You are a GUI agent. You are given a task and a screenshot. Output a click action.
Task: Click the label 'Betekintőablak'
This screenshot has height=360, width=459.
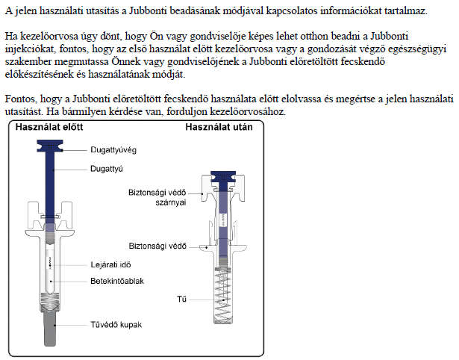coord(117,281)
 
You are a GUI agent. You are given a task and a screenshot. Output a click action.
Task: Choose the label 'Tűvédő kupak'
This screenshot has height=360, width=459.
coord(116,325)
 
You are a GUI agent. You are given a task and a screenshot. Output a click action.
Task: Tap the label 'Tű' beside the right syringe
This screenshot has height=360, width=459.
coord(181,300)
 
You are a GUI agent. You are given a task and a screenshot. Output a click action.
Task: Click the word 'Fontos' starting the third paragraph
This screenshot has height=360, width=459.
coord(21,99)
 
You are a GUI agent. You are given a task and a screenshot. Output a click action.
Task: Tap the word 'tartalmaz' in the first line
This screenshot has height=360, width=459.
coord(402,11)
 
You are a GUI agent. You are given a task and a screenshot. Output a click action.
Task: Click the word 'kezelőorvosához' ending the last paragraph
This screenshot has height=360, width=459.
coord(247,111)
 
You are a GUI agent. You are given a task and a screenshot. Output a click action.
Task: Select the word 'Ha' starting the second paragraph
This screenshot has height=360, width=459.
coord(11,37)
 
